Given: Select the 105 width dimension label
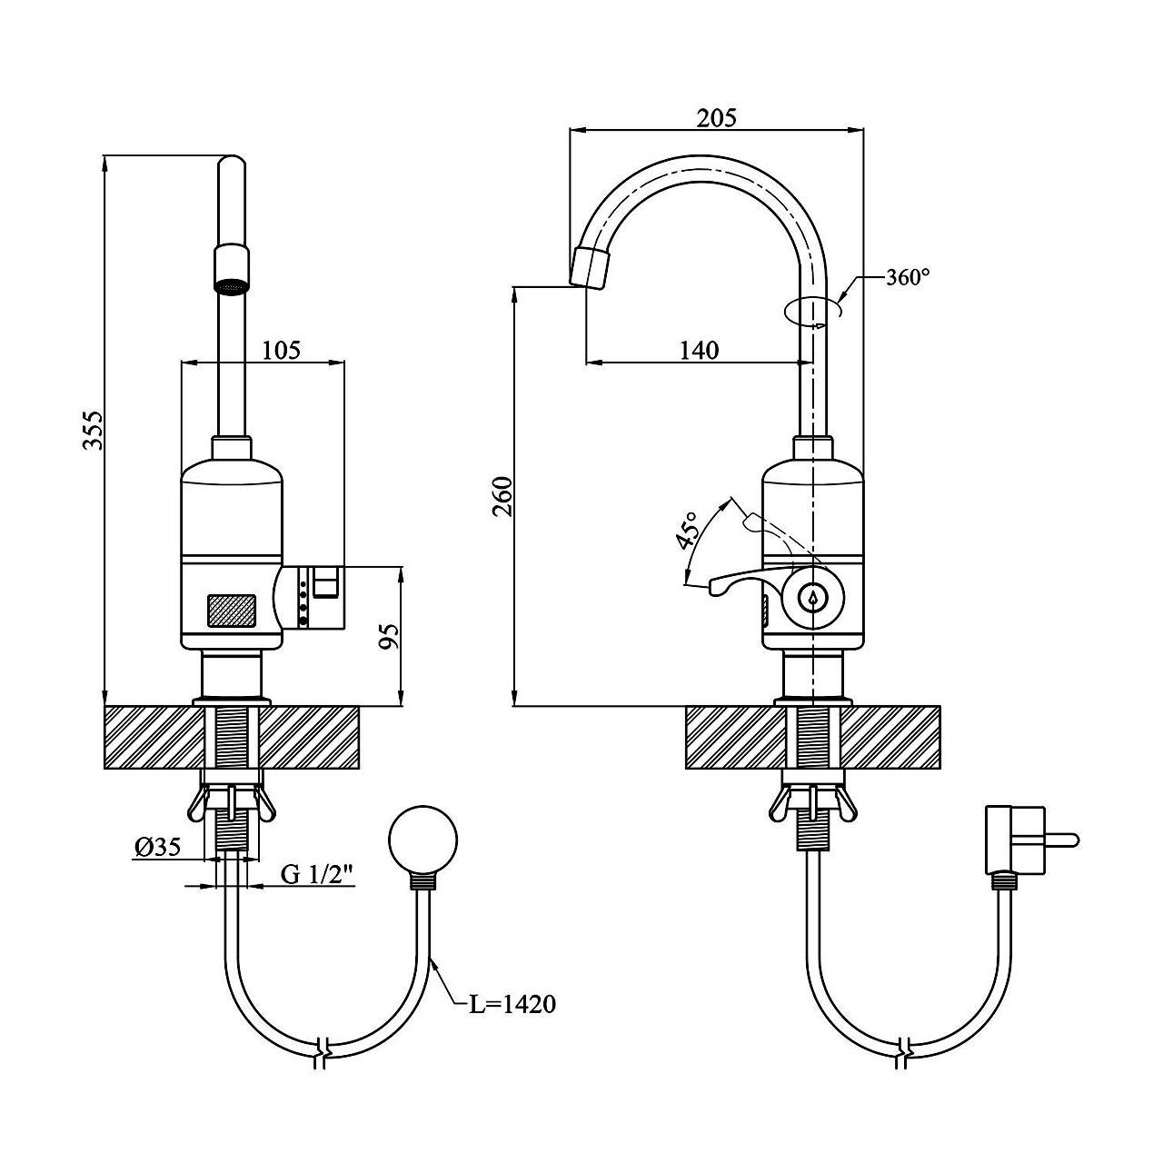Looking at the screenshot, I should [281, 350].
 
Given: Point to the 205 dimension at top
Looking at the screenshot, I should [717, 117].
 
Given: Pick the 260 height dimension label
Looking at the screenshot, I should [502, 495].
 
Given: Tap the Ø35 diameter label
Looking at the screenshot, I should [158, 847].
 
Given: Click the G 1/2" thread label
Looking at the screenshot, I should [316, 874].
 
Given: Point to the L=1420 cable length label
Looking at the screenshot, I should [512, 1004].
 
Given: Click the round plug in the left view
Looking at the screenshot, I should [422, 840].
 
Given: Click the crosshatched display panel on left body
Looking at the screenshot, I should [232, 611].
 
